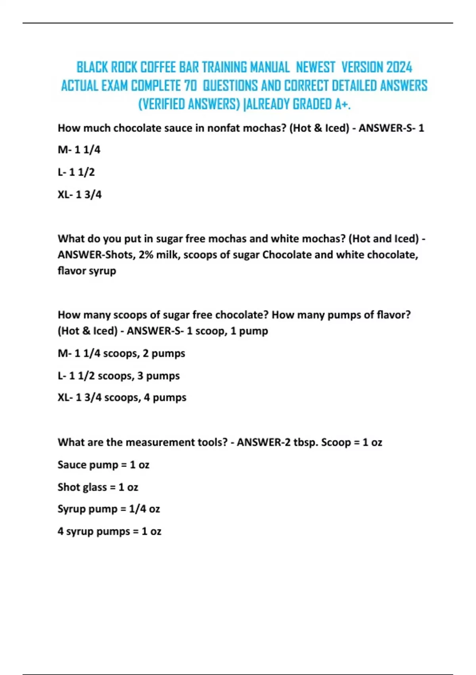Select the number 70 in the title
tap(190, 85)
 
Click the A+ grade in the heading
tap(342, 104)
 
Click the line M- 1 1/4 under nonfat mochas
tap(79, 150)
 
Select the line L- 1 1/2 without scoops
tap(76, 172)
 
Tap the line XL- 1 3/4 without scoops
tap(80, 195)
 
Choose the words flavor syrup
tap(87, 271)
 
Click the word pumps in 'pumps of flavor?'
tap(347, 315)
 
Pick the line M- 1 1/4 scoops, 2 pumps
tap(121, 353)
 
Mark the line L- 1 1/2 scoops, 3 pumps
tap(119, 376)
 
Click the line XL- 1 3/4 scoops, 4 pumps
tap(122, 397)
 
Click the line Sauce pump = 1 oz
tap(104, 465)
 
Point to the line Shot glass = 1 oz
tap(98, 487)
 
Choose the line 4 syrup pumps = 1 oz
tap(109, 531)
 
